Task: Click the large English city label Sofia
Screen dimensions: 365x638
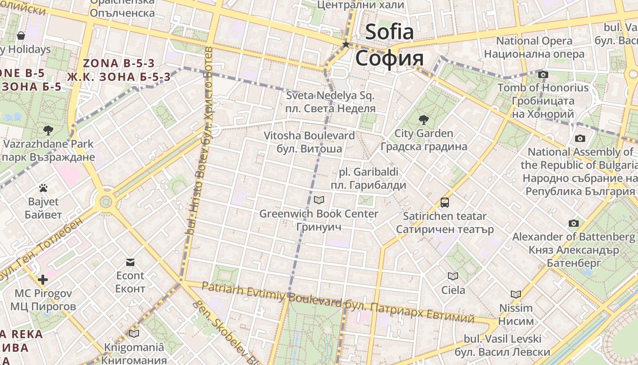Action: [390, 32]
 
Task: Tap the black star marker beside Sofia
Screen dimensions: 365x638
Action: [346, 44]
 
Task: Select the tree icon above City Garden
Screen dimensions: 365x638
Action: [424, 120]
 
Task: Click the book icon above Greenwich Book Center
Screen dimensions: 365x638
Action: [319, 200]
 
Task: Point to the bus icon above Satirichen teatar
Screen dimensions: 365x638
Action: [445, 202]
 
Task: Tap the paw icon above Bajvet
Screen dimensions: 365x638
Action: [43, 188]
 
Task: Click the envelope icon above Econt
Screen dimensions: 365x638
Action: [130, 262]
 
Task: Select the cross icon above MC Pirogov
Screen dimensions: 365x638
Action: [43, 279]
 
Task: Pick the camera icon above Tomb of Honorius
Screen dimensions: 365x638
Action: [543, 74]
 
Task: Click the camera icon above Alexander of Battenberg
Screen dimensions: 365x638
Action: [574, 223]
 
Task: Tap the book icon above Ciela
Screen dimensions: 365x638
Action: [453, 276]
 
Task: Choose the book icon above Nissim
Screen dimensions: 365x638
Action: [516, 294]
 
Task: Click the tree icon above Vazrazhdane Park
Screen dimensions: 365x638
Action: [48, 130]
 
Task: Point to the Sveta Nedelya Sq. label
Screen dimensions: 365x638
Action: [330, 96]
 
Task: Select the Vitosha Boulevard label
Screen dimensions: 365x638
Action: [309, 136]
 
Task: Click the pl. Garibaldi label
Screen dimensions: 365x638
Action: [369, 172]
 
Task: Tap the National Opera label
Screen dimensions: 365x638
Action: [534, 41]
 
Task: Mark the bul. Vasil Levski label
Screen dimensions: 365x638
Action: [503, 339]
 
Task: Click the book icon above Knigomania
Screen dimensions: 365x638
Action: [134, 334]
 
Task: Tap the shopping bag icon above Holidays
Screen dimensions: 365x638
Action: [21, 36]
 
